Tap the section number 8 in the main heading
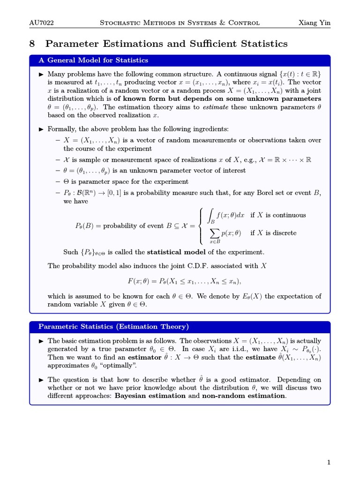[x=32, y=44]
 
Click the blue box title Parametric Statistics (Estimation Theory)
[x=113, y=326]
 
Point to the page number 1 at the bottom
[x=329, y=463]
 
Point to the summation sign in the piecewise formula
[x=215, y=233]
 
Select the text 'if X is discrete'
[x=273, y=233]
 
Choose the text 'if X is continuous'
[x=277, y=215]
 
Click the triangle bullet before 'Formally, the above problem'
[x=41, y=129]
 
